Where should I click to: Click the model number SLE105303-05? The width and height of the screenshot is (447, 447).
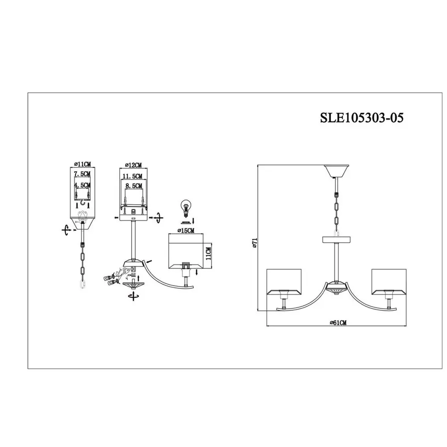(x=362, y=117)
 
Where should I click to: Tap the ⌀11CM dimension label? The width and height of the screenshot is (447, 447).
(x=82, y=164)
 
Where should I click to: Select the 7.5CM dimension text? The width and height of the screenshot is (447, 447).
(x=82, y=173)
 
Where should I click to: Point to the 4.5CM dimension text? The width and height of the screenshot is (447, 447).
(x=82, y=186)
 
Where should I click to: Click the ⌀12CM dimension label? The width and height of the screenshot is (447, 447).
(x=133, y=165)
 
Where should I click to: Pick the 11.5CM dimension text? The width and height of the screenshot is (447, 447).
(x=132, y=177)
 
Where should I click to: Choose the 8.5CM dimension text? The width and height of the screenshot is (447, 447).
(x=134, y=186)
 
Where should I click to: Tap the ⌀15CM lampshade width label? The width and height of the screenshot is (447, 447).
(x=186, y=230)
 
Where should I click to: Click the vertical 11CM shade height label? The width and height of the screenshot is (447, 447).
(x=208, y=253)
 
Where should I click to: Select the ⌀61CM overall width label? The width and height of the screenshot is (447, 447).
(x=338, y=322)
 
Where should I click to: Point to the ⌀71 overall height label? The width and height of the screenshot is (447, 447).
(x=255, y=242)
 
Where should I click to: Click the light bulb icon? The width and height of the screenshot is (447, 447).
(x=186, y=208)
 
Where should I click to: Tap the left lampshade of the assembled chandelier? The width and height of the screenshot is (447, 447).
(x=284, y=282)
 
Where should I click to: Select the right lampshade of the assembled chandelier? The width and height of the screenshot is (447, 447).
(x=388, y=282)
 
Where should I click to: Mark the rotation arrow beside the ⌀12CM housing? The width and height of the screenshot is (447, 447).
(x=158, y=219)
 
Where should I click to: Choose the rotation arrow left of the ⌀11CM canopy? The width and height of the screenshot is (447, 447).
(x=66, y=230)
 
